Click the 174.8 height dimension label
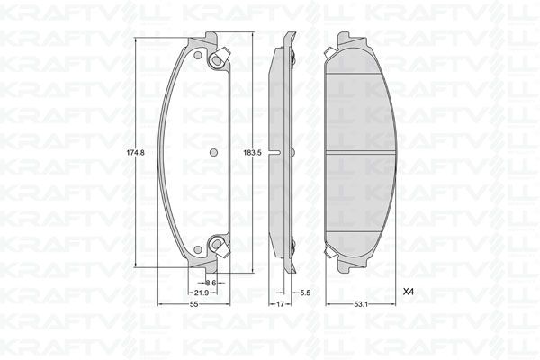[135, 153]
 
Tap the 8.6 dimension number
[211, 283]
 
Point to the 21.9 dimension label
[202, 292]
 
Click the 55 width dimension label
[194, 304]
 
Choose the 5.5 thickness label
[305, 292]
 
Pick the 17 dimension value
[280, 304]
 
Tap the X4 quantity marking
[408, 292]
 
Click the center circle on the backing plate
[213, 152]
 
